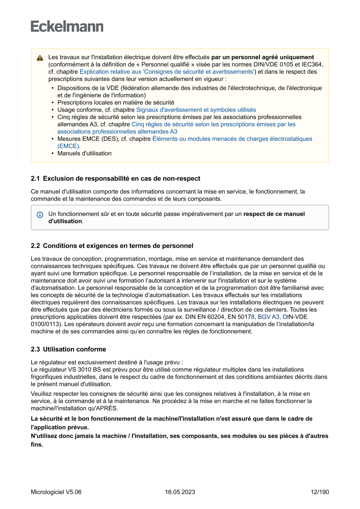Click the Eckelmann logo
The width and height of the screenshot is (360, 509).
(x=67, y=27)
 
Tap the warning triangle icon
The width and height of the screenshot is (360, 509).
(x=40, y=58)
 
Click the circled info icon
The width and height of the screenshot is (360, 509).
(x=40, y=215)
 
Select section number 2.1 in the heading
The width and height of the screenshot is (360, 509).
(x=35, y=179)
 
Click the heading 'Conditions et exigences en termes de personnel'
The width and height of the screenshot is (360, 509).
(x=118, y=246)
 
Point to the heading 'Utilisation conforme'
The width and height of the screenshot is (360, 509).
(x=74, y=349)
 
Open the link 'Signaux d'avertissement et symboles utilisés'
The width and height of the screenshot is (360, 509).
(x=196, y=110)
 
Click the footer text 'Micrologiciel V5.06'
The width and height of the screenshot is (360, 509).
(x=56, y=492)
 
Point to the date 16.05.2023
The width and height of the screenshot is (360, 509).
(x=180, y=492)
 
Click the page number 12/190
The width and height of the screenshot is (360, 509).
(x=320, y=492)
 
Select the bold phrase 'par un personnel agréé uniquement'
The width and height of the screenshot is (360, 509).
(x=262, y=57)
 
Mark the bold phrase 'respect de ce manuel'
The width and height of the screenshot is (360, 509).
(x=274, y=214)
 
